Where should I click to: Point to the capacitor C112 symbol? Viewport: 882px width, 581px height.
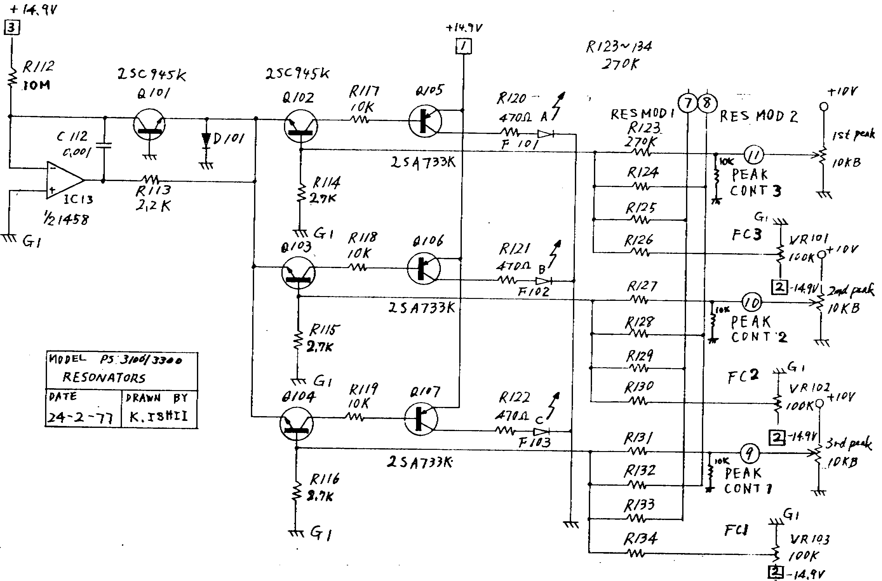[x=104, y=145]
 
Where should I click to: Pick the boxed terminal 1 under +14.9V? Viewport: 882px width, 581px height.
[x=463, y=47]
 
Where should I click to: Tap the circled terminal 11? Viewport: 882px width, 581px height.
[x=754, y=155]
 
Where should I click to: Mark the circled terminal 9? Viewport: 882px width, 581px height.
[x=749, y=453]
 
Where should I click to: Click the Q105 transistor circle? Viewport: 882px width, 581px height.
[x=425, y=121]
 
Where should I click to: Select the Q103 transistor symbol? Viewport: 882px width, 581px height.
[x=298, y=273]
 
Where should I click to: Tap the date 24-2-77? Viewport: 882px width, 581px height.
[x=80, y=417]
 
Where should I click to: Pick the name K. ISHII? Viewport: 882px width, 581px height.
[x=158, y=416]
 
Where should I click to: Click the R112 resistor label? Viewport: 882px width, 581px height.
[x=38, y=67]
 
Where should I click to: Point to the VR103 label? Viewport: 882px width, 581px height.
[x=809, y=539]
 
